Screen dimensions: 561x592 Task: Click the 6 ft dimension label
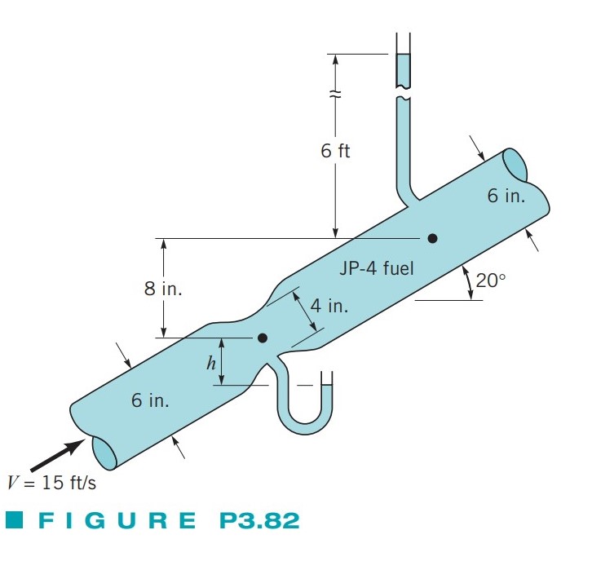pos(334,152)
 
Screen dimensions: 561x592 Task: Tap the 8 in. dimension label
pos(163,290)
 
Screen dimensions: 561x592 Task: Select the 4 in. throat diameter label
pos(329,306)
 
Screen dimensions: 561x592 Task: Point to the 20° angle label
pos(491,280)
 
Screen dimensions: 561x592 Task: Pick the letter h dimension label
pos(210,363)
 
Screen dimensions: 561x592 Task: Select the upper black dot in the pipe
pos(432,238)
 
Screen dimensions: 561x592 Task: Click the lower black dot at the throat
pos(262,337)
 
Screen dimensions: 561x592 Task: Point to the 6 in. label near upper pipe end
pos(506,196)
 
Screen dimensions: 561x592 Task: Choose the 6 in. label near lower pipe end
pos(150,400)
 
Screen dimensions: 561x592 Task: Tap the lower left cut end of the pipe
pos(104,450)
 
